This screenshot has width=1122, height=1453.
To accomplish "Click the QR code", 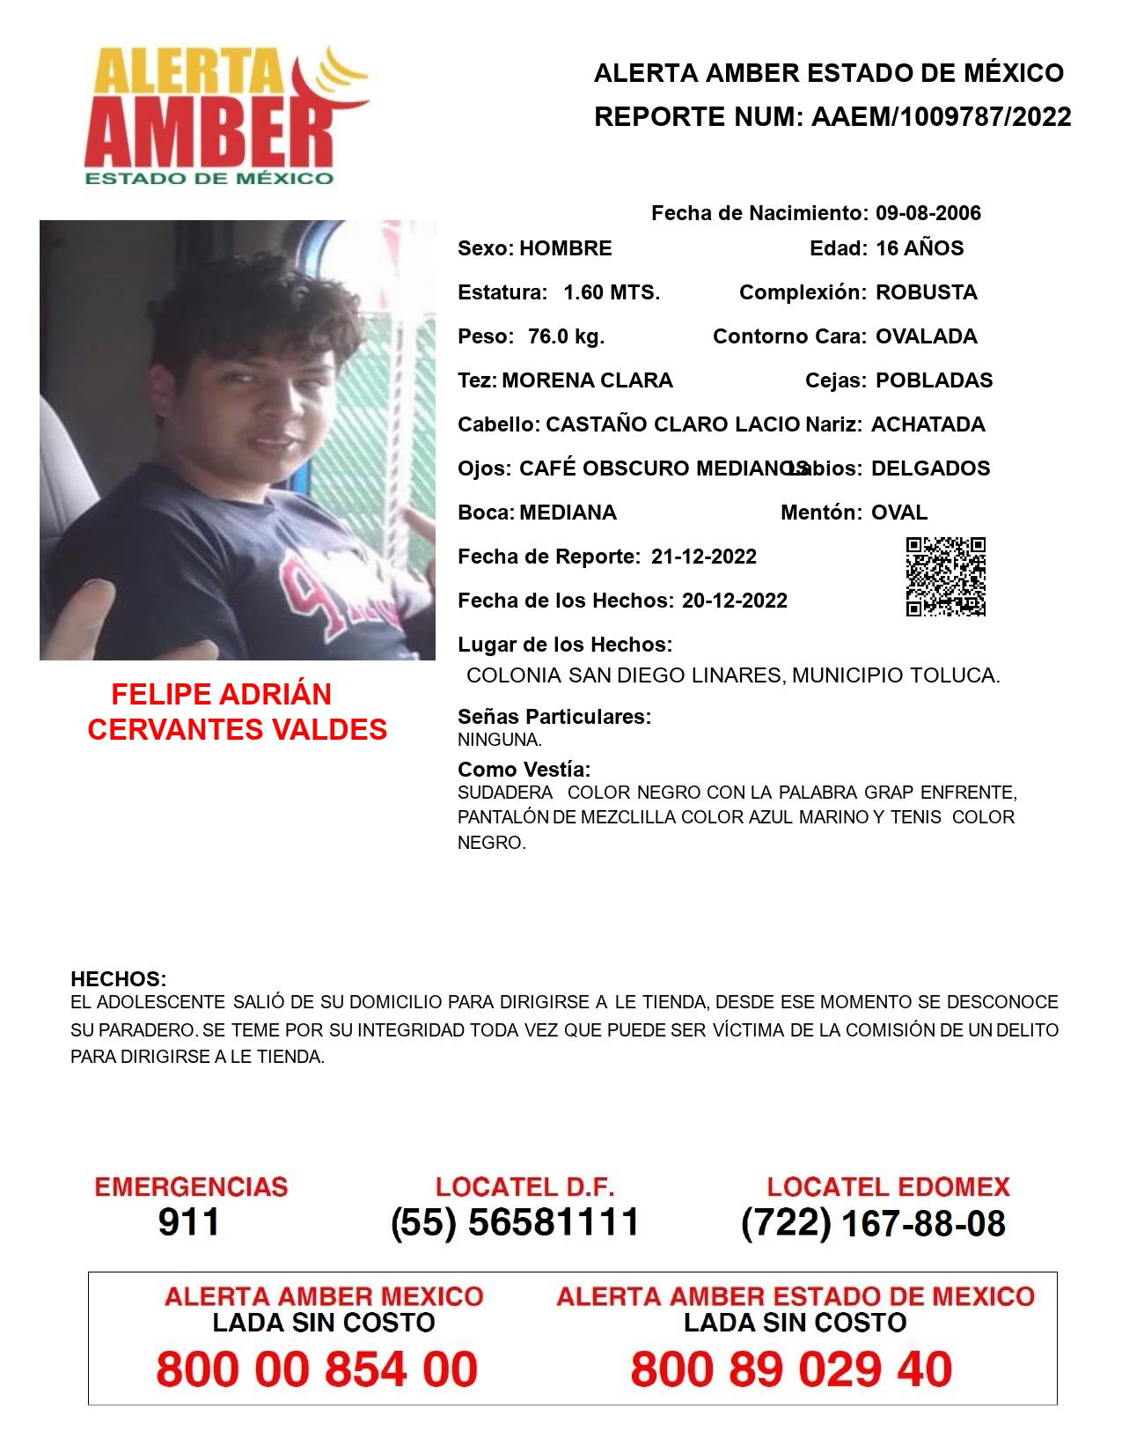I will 945,577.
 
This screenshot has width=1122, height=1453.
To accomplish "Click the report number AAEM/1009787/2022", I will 941,117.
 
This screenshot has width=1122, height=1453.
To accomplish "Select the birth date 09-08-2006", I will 928,213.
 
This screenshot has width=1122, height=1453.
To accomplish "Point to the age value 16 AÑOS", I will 919,248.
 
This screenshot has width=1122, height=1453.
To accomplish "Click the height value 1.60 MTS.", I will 611,292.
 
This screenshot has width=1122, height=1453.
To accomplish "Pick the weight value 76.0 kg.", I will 566,336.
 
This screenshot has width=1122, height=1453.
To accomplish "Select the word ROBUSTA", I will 926,292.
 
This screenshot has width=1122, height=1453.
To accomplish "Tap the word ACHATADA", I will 928,424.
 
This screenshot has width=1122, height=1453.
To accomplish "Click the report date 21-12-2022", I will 703,557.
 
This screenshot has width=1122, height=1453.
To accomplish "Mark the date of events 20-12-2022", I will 734,601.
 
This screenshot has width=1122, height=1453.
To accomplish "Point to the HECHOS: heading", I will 118,979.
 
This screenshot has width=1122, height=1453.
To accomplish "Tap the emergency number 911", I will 189,1222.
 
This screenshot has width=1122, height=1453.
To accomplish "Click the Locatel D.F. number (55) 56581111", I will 515,1222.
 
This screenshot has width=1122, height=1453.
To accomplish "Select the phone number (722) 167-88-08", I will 873,1223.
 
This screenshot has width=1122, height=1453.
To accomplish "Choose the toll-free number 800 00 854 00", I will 317,1369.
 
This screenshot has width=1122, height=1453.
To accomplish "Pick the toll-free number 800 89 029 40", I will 791,1369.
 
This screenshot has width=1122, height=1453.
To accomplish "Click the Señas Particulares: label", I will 554,717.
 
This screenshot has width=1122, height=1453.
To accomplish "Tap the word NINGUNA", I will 499,740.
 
